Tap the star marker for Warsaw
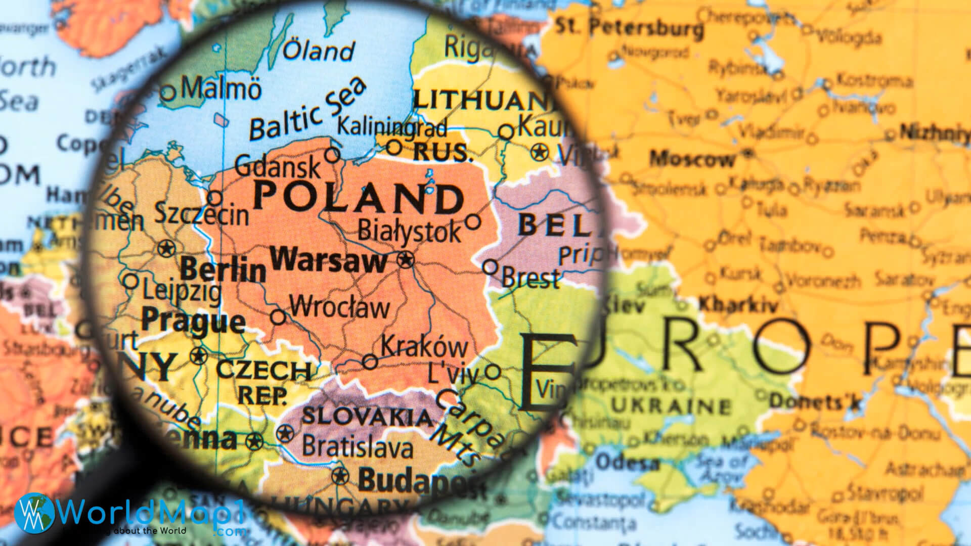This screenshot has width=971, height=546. coord(405,260)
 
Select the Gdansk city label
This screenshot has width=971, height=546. coord(278,166)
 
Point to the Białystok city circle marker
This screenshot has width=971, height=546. coord(473,221)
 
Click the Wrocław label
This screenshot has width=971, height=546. coord(339,307)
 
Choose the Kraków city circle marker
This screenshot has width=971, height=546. coord(370,361)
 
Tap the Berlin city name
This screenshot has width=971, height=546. coord(223,269)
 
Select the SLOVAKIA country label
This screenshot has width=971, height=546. coord(367,417)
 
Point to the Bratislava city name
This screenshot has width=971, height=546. coord(358,447)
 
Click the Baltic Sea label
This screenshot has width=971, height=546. coord(307,111)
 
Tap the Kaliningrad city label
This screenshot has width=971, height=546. coord(392,126)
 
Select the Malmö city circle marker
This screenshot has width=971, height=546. coord(168,93)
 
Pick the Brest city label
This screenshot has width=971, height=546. coord(531,278)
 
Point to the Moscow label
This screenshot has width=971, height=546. coord(692,159)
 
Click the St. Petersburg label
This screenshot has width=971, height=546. coord(629,27)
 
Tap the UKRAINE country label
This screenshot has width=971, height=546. coord(671,405)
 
